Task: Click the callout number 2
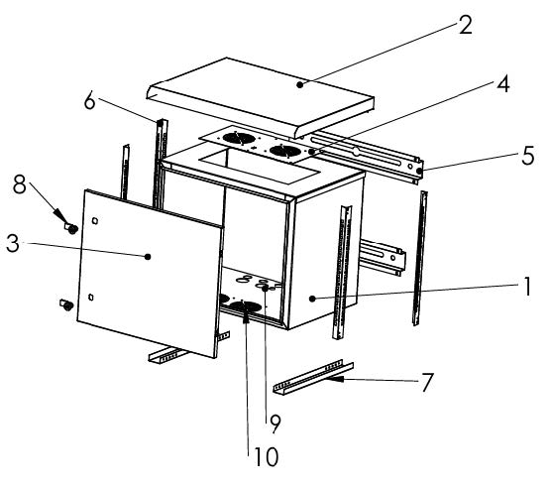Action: click(466, 25)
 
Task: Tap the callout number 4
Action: click(502, 84)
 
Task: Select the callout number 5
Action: click(527, 156)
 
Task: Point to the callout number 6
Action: click(90, 101)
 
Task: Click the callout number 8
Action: click(20, 184)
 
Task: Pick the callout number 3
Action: click(13, 243)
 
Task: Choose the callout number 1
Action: click(526, 287)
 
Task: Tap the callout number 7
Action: click(426, 382)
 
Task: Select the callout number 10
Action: click(266, 456)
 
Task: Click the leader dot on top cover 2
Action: click(299, 84)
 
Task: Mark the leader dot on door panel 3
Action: click(148, 257)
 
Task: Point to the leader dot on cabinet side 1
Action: click(312, 299)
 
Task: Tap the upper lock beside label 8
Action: click(70, 228)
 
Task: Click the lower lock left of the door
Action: click(66, 304)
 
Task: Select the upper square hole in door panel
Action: click(95, 221)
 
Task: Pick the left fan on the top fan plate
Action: click(240, 138)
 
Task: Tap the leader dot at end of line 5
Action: click(419, 171)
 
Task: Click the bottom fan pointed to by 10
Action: click(245, 306)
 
